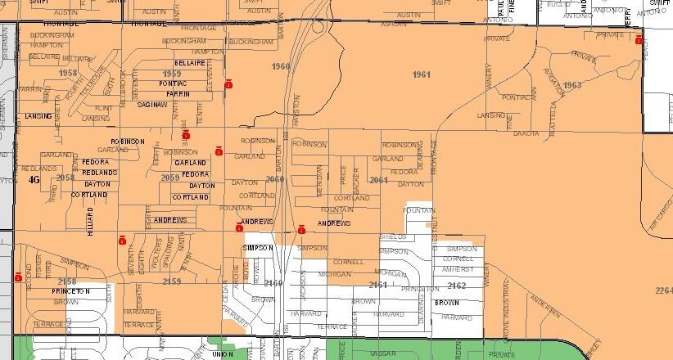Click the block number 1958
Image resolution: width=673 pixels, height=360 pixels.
(68, 74)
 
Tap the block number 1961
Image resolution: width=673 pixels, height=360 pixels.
(422, 74)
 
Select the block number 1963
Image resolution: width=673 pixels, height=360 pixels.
(572, 84)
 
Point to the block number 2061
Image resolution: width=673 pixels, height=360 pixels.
(377, 180)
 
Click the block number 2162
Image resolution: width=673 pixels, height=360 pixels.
(457, 285)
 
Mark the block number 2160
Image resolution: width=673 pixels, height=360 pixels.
(273, 282)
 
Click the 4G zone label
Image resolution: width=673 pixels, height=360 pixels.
(34, 179)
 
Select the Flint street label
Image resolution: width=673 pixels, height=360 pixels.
(103, 108)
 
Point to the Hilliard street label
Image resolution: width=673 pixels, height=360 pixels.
(91, 222)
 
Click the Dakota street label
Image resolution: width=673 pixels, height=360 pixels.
(526, 133)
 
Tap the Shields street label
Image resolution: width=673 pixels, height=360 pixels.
(392, 236)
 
